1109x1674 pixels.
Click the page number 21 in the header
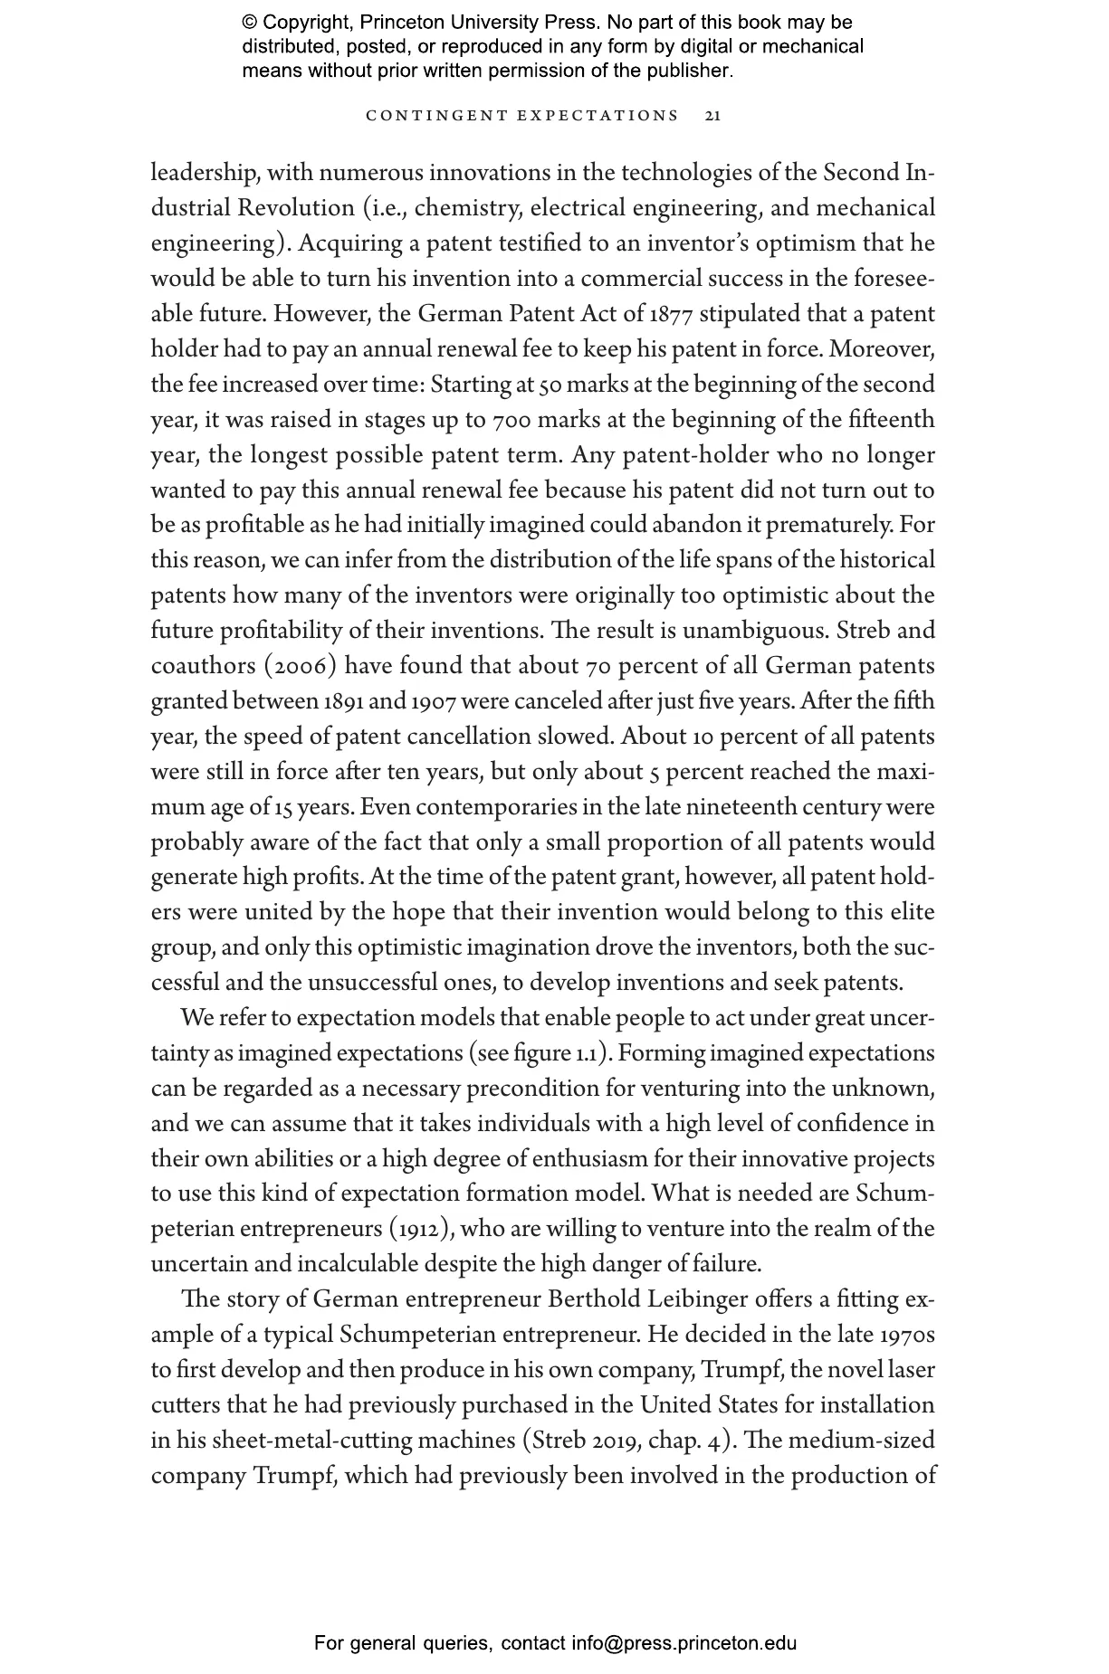[712, 116]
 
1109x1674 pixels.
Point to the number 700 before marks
[515, 421]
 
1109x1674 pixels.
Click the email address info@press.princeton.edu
[684, 1643]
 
